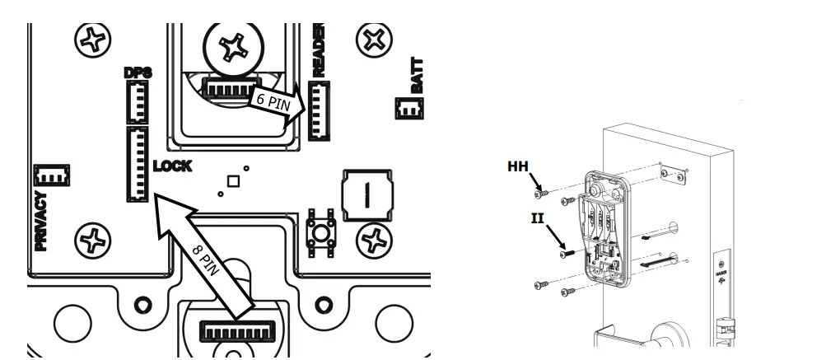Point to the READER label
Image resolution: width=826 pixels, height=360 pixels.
click(x=320, y=50)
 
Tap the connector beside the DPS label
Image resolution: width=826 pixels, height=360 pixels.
click(x=134, y=103)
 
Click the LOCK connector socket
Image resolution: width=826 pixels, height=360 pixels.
click(x=136, y=164)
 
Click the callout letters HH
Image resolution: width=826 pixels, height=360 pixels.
click(x=518, y=166)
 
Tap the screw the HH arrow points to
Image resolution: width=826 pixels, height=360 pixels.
click(x=541, y=194)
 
